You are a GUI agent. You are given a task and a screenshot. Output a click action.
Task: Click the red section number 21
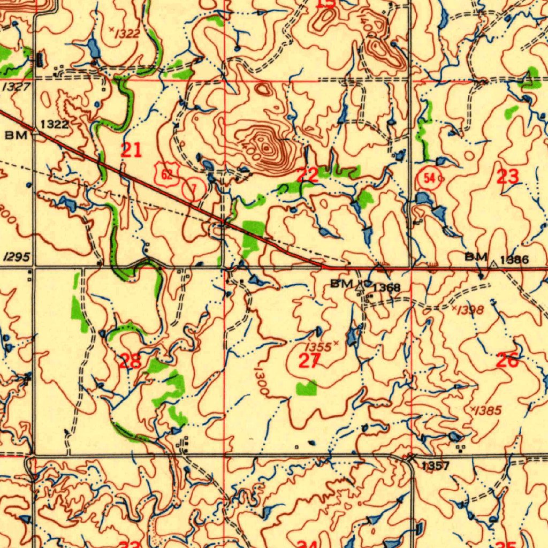pos(131,150)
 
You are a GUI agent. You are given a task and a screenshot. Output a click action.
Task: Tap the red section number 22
pos(307,174)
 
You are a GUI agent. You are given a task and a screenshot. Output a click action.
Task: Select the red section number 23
pos(507,176)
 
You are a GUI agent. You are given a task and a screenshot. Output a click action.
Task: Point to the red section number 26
pos(507,361)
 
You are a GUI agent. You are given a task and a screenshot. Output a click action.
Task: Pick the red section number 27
pos(309,362)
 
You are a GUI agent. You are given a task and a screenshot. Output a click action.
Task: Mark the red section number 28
pos(130,361)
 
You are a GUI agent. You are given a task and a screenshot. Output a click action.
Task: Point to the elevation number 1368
pos(386,288)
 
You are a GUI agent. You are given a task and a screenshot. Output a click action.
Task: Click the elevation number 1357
pos(435,466)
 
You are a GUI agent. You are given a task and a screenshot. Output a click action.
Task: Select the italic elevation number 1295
pos(16,257)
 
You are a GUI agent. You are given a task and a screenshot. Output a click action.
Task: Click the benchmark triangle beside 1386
pos(493,263)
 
